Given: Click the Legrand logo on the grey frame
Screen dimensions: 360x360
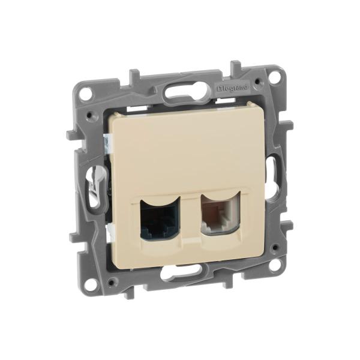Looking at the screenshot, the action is coord(232,88).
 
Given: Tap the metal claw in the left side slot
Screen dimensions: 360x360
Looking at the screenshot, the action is coord(94,184).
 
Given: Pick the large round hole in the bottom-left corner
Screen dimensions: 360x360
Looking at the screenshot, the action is coord(91,286).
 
